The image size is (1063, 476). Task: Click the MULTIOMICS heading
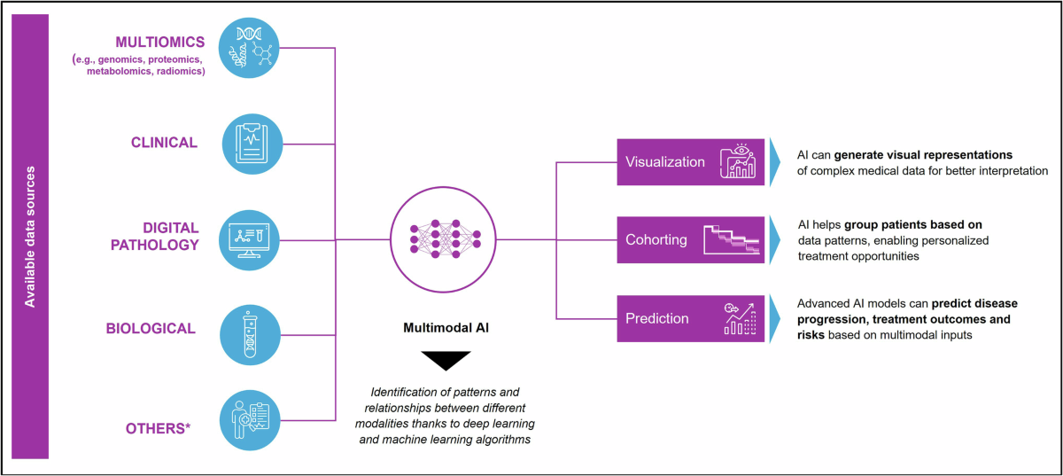point(160,42)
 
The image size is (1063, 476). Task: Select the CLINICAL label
point(164,142)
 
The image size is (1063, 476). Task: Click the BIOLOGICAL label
point(151,328)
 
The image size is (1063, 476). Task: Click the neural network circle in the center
point(445,239)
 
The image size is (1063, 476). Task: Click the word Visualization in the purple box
point(665,162)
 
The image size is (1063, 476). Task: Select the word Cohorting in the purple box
point(656,240)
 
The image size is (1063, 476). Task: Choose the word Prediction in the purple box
point(657,318)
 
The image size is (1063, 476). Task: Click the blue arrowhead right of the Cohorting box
point(776,240)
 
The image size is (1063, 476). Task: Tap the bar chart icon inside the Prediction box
point(739,319)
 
